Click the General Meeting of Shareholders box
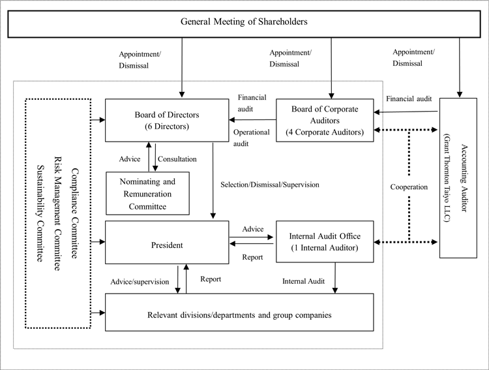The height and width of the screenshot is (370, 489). click(x=244, y=24)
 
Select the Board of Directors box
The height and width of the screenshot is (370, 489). click(x=167, y=120)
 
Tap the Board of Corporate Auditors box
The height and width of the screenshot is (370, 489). click(x=325, y=120)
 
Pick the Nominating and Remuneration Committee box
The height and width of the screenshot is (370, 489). click(x=147, y=193)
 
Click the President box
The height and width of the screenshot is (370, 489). click(x=167, y=242)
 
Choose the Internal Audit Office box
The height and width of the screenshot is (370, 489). click(x=325, y=241)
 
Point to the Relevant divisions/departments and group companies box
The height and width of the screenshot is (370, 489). click(x=239, y=312)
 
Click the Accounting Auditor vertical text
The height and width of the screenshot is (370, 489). click(x=464, y=178)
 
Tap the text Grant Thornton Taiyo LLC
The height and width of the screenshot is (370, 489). click(x=447, y=178)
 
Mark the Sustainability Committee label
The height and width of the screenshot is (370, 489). click(x=40, y=213)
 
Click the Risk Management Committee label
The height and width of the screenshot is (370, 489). click(x=57, y=213)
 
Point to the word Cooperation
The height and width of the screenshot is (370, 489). click(x=409, y=187)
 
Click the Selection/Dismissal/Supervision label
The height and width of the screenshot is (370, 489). click(x=270, y=185)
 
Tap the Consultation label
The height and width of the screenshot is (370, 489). click(x=177, y=159)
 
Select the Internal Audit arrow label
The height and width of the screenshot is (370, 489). click(x=303, y=281)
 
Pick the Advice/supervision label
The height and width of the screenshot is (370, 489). click(x=140, y=282)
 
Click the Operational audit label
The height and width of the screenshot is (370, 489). click(x=252, y=138)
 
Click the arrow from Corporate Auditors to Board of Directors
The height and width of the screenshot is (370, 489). click(x=252, y=119)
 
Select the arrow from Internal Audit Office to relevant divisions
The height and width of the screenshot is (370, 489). click(x=335, y=278)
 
